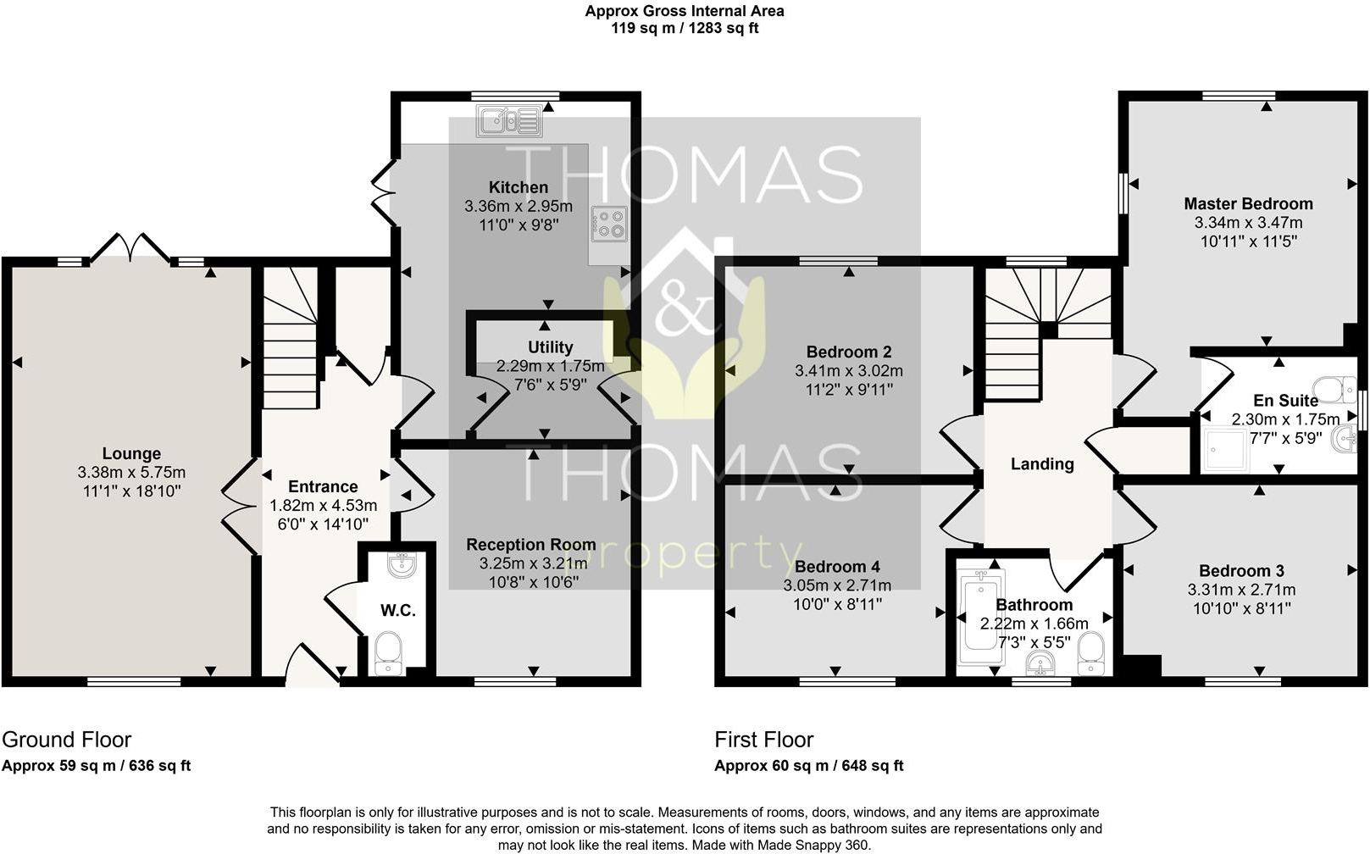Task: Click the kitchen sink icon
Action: [x=508, y=121]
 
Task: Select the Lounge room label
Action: [x=131, y=454]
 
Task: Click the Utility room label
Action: [x=550, y=347]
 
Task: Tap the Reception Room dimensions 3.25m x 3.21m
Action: [x=533, y=563]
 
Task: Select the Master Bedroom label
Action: [x=1248, y=204]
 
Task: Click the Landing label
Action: [x=1042, y=464]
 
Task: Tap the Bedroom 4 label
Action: [x=836, y=567]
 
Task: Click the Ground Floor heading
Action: [x=67, y=740]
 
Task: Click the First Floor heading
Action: [x=763, y=740]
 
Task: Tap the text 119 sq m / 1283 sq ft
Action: [x=685, y=28]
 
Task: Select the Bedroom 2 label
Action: [x=848, y=352]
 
